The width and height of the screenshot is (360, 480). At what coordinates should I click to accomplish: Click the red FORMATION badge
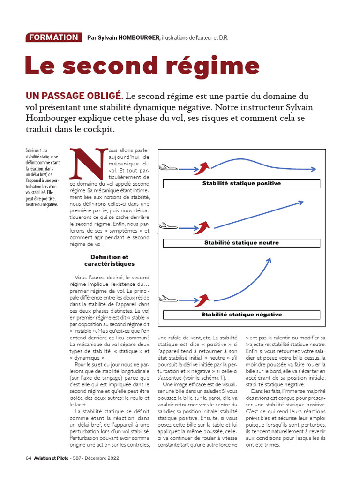52,37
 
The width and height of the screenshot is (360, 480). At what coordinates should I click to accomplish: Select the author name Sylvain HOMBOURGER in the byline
127,37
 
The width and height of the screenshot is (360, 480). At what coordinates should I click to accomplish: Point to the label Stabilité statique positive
241,183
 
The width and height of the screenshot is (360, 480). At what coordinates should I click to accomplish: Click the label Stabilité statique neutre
241,243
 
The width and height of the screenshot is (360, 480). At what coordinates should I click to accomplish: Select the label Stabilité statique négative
241,315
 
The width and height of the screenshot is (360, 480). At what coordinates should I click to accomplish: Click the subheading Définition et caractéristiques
112,261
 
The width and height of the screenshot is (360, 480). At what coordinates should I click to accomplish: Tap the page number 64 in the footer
28,458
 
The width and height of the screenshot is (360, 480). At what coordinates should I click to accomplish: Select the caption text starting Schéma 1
43,177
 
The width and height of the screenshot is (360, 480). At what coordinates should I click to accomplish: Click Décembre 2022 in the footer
102,458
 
